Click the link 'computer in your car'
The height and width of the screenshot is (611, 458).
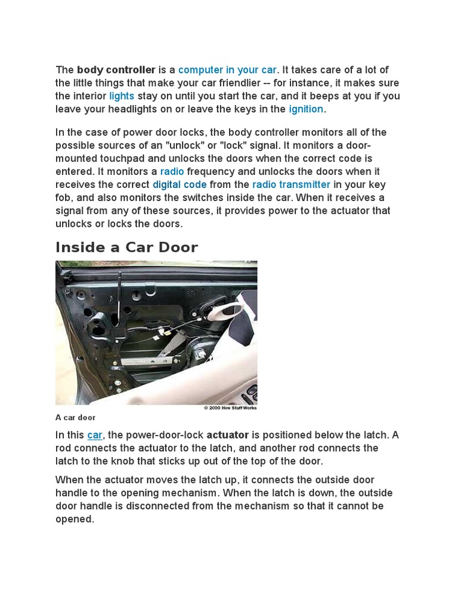227,70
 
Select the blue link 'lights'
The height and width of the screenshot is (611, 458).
122,96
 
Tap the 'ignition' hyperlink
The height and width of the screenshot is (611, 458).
306,109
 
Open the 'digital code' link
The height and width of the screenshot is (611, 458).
180,184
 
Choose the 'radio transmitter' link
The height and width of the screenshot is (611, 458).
291,184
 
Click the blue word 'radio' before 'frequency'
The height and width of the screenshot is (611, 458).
172,171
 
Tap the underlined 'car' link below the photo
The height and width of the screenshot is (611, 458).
95,435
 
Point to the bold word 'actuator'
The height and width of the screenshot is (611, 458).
227,435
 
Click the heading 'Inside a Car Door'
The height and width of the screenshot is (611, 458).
126,247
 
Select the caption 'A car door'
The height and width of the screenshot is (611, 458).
76,418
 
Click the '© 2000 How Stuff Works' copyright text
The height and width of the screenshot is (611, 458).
230,408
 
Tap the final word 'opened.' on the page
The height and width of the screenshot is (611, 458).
75,519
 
